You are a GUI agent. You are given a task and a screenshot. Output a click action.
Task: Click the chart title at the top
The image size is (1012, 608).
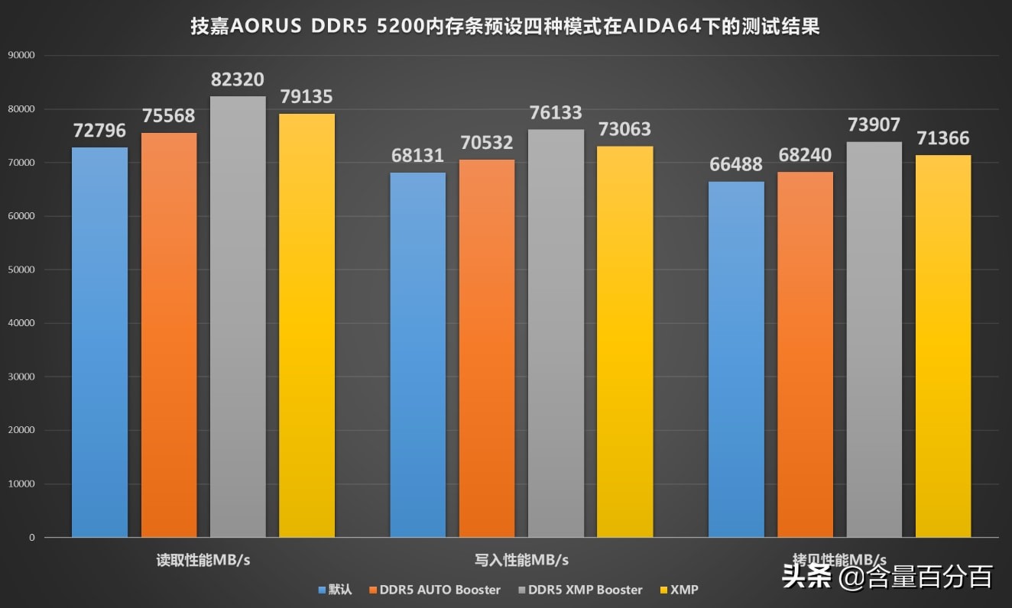tap(505, 27)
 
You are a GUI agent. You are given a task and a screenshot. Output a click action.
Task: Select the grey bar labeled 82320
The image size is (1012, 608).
tap(238, 316)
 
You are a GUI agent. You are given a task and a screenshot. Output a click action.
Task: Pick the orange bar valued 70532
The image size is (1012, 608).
tap(487, 348)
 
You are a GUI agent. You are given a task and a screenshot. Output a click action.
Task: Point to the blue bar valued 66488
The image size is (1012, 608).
tap(736, 359)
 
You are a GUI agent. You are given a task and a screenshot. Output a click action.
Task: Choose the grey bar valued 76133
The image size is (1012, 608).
tap(556, 333)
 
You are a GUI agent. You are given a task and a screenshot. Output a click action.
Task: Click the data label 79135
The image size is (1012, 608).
tap(307, 98)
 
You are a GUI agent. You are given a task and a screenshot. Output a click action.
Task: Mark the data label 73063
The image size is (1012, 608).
tap(624, 130)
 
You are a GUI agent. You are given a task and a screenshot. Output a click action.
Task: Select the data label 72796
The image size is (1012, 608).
tap(100, 131)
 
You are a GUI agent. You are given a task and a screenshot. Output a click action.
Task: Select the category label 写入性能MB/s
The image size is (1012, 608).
tap(521, 560)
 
